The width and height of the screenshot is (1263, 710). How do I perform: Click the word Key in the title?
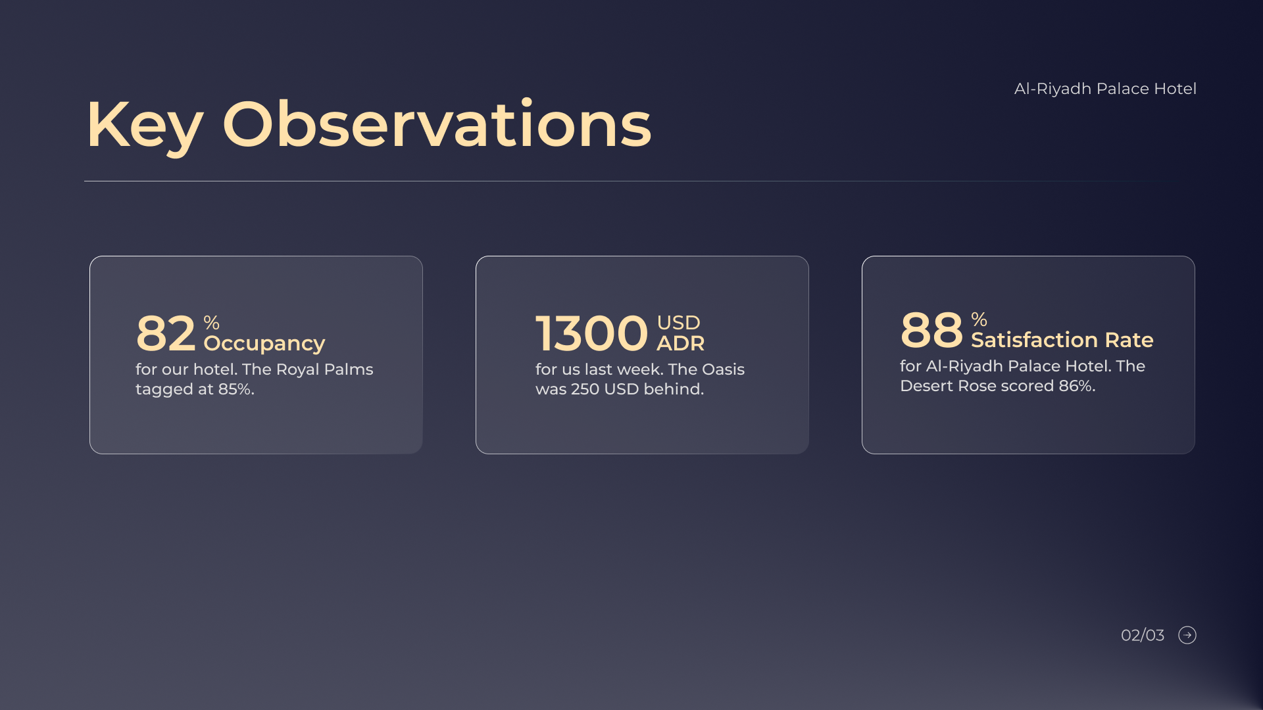coord(145,126)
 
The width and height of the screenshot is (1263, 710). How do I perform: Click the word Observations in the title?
coord(437,123)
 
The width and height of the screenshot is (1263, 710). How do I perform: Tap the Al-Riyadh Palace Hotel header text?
coord(1105,89)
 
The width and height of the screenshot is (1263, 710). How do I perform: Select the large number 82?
coord(166,333)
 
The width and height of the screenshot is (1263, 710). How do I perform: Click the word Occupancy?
coord(264,344)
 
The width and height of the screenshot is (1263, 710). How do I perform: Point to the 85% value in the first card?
coord(236,389)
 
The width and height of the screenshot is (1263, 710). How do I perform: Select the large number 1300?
coord(591,333)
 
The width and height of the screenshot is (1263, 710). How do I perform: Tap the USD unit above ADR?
coord(678,323)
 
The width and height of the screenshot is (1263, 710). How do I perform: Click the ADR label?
coord(680,343)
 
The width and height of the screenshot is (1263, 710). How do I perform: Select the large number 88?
coord(931,329)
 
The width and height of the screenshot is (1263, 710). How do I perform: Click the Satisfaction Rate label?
coord(1062,340)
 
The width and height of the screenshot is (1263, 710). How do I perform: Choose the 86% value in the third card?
coord(1077,386)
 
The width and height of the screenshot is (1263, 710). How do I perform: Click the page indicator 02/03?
coord(1143,635)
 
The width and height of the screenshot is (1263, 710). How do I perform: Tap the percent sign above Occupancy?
coord(211,323)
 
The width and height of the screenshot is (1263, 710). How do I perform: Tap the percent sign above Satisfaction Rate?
coord(979,319)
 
